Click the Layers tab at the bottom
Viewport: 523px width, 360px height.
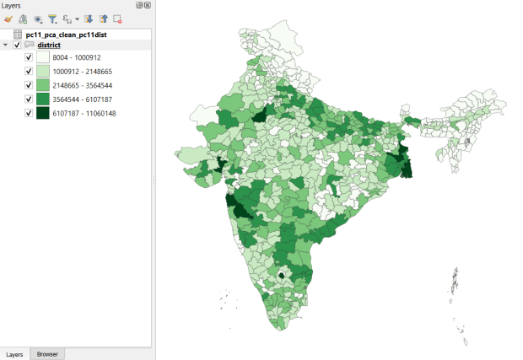click(15, 354)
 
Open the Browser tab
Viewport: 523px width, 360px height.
click(47, 354)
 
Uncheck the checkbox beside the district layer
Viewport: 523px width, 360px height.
click(18, 45)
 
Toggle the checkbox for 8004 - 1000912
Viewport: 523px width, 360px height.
click(29, 57)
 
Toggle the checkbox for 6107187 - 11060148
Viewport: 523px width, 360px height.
click(29, 113)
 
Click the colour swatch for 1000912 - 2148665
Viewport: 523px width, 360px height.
click(42, 72)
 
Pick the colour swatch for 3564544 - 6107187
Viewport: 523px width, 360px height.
click(42, 99)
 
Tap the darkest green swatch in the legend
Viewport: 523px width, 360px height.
click(42, 113)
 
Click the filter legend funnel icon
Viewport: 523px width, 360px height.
click(51, 18)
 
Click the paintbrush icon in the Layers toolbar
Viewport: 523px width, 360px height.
click(8, 18)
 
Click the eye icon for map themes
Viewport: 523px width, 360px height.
click(38, 18)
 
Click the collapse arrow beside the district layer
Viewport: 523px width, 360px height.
click(7, 45)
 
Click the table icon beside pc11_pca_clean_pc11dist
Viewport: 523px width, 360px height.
click(18, 34)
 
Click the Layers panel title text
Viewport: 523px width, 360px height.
click(13, 5)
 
